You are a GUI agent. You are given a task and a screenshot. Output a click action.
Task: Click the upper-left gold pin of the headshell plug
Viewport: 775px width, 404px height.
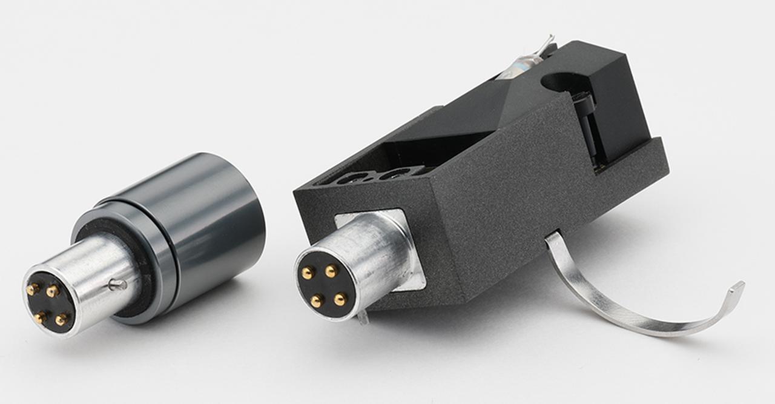[308, 274]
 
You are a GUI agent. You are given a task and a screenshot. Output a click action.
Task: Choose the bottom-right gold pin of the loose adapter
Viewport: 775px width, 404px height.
[61, 319]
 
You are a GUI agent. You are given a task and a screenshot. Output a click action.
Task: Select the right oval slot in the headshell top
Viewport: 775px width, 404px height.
[394, 174]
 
